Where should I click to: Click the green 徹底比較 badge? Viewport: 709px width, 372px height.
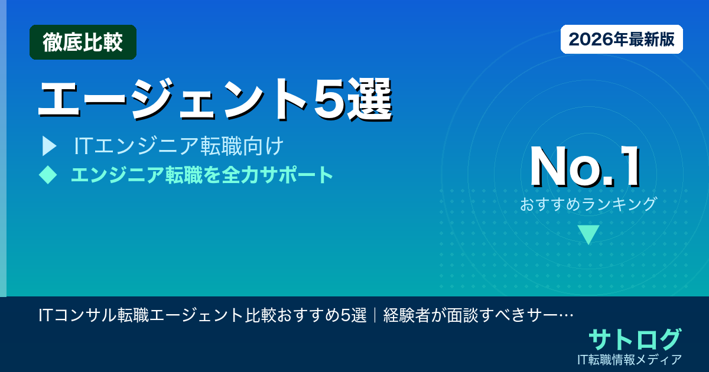[83, 43]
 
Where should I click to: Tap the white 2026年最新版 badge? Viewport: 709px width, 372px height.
[622, 40]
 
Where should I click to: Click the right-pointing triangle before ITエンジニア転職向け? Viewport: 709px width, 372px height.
[49, 146]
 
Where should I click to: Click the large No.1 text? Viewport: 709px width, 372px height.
[586, 167]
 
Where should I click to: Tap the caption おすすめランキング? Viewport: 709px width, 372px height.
[588, 204]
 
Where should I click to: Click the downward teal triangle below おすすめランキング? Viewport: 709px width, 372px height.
[588, 234]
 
